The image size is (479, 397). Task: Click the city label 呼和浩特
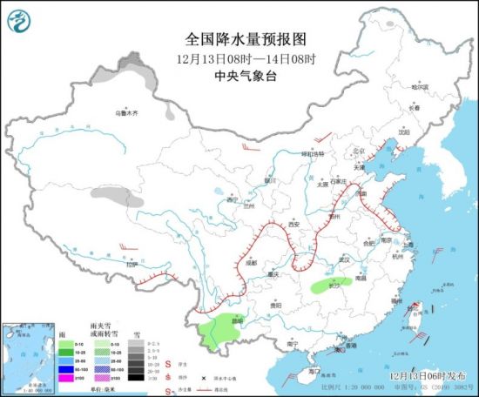311,154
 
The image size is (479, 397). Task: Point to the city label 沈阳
402,132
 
